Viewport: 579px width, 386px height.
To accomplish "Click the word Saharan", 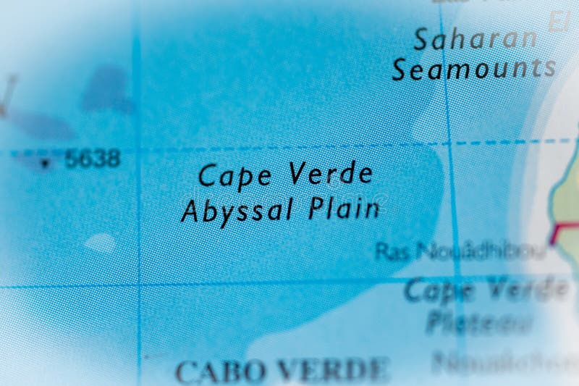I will pos(475,39).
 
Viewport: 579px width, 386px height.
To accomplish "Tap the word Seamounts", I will pos(474,69).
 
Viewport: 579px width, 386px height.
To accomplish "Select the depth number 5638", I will pos(92,159).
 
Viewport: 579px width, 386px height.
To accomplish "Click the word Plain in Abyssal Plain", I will pos(344,209).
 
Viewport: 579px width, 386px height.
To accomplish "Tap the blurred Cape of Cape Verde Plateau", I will pos(440,291).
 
